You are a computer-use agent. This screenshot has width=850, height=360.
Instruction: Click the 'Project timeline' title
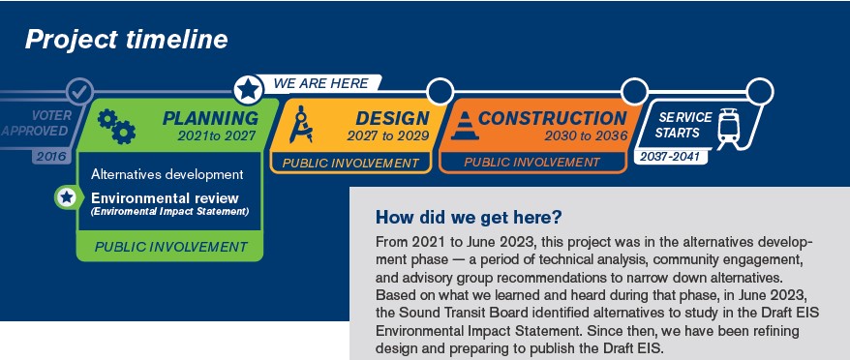tap(126, 40)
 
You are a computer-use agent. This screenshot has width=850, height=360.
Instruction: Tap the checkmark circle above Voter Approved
tap(79, 92)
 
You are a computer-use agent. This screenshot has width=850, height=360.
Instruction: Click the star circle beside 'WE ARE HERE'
tap(249, 89)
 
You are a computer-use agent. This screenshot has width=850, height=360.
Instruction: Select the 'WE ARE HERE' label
tap(320, 83)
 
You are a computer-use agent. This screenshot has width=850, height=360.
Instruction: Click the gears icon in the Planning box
tap(116, 126)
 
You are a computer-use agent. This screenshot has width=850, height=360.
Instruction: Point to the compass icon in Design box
tap(300, 124)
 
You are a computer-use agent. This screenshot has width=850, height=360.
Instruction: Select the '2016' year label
tap(51, 157)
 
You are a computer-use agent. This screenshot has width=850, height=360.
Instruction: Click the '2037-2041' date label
tap(670, 157)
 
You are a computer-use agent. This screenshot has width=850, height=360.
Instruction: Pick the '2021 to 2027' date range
tap(216, 136)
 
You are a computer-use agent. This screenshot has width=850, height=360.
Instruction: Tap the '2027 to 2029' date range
tap(388, 136)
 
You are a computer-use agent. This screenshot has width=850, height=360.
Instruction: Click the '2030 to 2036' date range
tap(586, 136)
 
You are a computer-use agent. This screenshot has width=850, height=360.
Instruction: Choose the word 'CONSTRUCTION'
tap(553, 118)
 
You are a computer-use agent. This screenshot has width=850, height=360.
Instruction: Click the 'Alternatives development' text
tap(167, 174)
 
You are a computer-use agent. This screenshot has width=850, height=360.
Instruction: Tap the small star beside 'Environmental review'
tap(67, 196)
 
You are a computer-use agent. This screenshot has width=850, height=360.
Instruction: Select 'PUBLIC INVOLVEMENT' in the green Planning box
tap(170, 247)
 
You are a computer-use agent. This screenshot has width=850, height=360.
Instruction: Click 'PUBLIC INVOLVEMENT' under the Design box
tap(350, 163)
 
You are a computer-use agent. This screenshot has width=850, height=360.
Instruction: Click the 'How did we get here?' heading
tap(469, 218)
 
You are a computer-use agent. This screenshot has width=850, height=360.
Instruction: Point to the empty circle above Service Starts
tap(760, 92)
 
